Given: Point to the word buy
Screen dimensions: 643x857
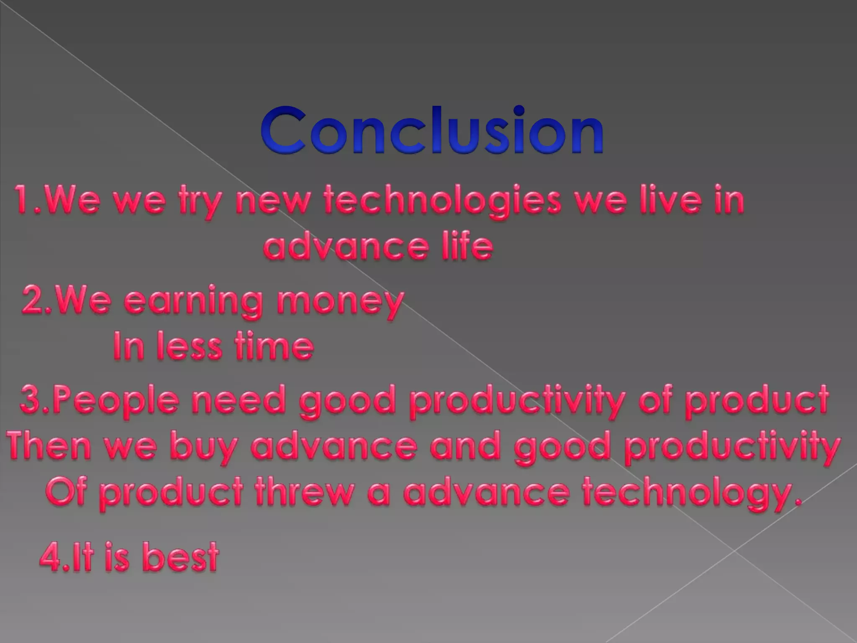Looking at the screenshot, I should point(204,447).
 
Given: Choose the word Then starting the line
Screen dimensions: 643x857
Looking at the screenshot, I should point(49,446).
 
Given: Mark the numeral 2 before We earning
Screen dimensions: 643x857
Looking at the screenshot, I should point(33,301).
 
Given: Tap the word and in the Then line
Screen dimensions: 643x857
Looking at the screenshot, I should point(464,446).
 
